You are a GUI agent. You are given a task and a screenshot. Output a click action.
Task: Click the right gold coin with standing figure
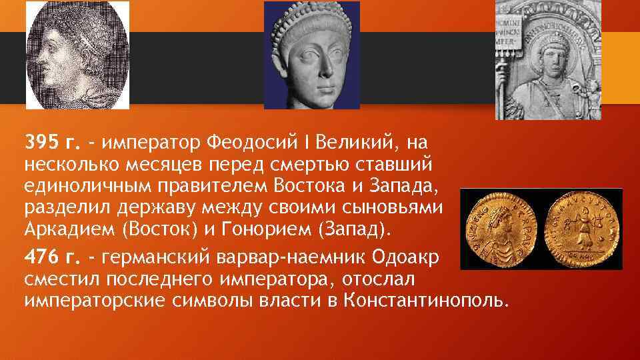click(x=581, y=229)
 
